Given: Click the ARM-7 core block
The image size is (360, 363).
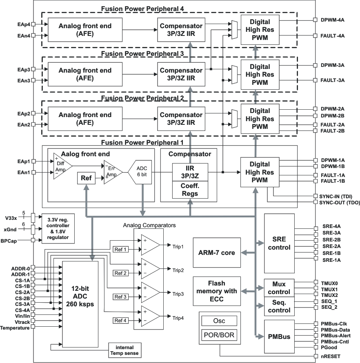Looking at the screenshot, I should tap(216, 253).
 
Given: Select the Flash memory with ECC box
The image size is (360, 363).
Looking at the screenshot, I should tap(216, 291).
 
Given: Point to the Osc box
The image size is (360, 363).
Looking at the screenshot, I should tap(219, 321).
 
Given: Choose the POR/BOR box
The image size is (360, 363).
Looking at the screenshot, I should tap(219, 336).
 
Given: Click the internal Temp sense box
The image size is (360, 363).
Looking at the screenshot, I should tap(124, 350).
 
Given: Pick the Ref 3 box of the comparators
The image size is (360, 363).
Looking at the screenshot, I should tap(120, 297).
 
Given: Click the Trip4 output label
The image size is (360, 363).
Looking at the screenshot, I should tap(178, 318).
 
